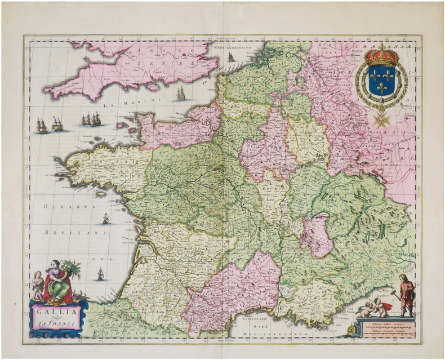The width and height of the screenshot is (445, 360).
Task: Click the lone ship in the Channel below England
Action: click(180, 94)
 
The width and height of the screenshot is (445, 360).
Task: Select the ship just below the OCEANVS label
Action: click(105, 219)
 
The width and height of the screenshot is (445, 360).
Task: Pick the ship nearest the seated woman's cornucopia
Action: click(100, 274)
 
